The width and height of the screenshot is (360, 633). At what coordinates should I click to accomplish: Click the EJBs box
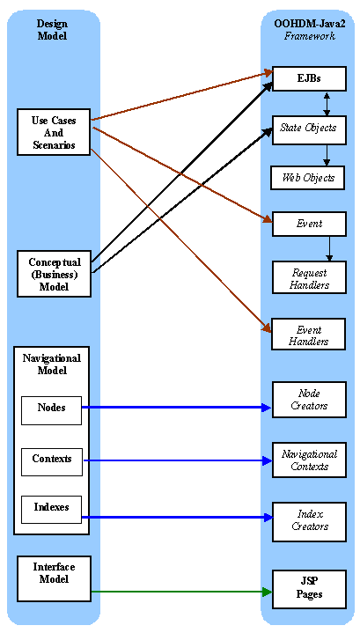pos(308,78)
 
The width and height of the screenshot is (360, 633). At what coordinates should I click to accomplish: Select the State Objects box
pos(308,129)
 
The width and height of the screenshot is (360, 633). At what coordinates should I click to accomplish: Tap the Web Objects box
pos(308,178)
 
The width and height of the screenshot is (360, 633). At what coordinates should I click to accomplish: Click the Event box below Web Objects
pos(308,224)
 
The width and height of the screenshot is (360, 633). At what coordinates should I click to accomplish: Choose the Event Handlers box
pos(308,335)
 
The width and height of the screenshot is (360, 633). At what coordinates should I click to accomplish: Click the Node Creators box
pos(308,400)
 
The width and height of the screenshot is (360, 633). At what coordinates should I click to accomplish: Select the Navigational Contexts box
pos(308,460)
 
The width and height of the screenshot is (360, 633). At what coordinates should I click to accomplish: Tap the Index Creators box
pos(308,519)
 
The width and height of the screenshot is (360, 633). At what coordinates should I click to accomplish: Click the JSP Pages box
pos(308,588)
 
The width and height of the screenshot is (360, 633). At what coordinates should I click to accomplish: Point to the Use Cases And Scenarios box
pos(54,132)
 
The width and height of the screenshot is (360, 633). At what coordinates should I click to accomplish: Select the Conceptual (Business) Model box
pos(54,274)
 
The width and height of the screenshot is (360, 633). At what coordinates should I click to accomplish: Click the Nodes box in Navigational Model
pos(51,409)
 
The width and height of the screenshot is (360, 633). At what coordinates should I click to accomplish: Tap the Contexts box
pos(51,460)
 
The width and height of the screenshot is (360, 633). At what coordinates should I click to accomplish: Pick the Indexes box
pos(51,509)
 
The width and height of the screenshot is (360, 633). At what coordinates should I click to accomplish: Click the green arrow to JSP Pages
pos(176,592)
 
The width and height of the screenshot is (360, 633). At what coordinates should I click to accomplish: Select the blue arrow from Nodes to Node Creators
pos(176,408)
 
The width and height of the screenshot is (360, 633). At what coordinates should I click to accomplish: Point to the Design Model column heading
pos(52,30)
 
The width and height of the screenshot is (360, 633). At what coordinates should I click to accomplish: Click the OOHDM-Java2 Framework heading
pos(309,30)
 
